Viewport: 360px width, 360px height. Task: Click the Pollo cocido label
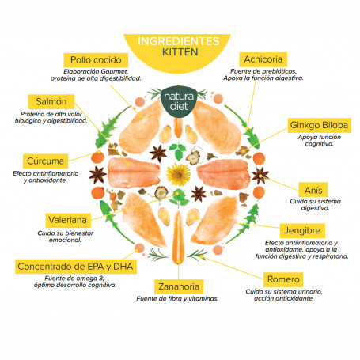[96, 60]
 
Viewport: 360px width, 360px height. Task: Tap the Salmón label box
[51, 101]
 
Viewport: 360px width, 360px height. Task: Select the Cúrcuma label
[45, 161]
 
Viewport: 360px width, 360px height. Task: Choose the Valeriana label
[68, 220]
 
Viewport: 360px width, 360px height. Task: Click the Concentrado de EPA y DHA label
[76, 267]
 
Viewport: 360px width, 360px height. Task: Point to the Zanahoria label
[179, 286]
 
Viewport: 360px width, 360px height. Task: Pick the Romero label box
[283, 279]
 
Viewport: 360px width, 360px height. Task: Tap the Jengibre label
[302, 230]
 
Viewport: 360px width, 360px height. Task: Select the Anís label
[313, 190]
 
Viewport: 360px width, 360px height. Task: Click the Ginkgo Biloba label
[319, 125]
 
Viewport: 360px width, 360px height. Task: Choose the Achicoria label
[263, 59]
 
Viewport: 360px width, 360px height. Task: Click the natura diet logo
[179, 101]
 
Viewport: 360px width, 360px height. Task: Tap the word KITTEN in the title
[180, 52]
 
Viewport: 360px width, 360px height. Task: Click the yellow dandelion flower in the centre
[178, 174]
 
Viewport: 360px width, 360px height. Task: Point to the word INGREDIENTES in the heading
[178, 41]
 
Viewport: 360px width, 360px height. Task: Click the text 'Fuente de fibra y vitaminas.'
[177, 299]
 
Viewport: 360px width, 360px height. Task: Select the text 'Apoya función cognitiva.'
[320, 140]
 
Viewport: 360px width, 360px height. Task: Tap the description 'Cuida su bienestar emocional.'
[65, 237]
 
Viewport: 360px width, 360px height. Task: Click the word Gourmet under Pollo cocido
[115, 71]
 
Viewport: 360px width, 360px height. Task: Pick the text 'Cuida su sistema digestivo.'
[315, 205]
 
